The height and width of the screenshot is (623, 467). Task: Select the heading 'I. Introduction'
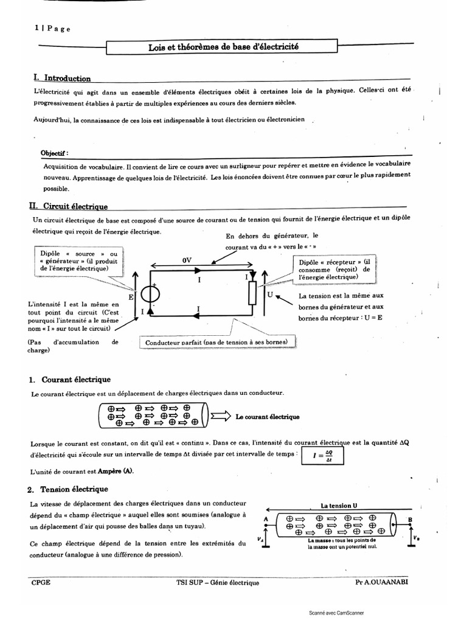(x=63, y=78)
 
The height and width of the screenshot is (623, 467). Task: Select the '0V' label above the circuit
(x=187, y=260)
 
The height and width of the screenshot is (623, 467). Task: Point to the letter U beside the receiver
(x=269, y=295)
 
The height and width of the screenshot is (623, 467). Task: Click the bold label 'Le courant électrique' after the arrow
(x=267, y=417)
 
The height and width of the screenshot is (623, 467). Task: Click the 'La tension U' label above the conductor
(x=338, y=506)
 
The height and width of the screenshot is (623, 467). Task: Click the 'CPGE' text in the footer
(x=41, y=582)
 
